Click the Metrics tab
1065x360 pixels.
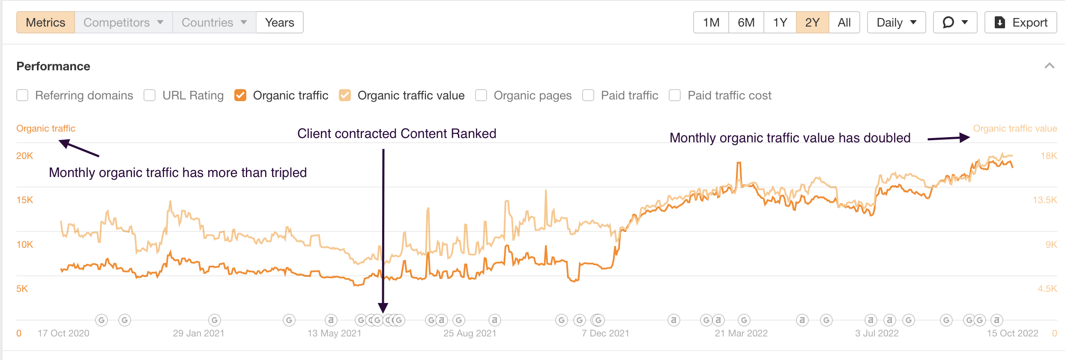pos(45,22)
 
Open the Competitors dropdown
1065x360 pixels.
pos(123,22)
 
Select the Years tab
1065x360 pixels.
pos(279,22)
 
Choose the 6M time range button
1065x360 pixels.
pos(746,22)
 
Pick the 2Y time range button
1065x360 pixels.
pos(812,22)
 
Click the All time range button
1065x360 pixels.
pos(844,22)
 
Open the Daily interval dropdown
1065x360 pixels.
pos(896,22)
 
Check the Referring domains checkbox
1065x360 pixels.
pos(22,95)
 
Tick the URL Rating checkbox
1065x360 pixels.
pos(150,95)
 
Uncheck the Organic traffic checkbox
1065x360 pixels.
pos(240,95)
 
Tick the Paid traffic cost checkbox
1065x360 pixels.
pos(675,95)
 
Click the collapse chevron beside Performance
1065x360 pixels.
pos(1049,66)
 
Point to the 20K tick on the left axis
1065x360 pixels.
pos(24,156)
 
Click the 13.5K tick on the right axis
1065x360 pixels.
pos(1044,200)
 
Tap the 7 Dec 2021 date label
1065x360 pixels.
pos(605,333)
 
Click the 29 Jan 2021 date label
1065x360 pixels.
pos(198,333)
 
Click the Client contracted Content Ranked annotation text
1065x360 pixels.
pos(396,134)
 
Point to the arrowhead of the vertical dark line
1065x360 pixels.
pos(383,308)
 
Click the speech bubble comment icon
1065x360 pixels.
pos(948,22)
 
